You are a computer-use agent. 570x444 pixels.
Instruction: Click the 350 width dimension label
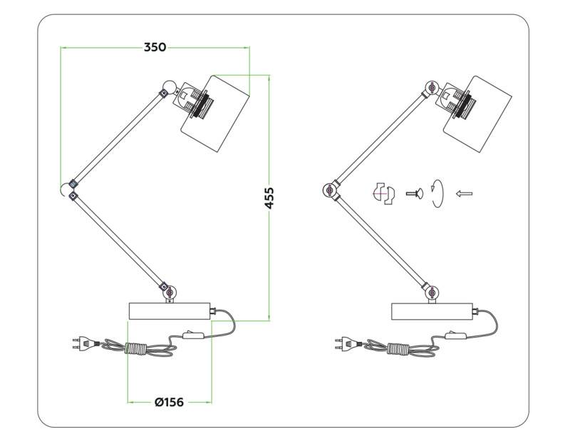click(x=155, y=47)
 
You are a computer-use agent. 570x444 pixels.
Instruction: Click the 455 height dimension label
click(x=269, y=198)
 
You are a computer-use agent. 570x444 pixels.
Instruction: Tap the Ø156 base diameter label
click(x=169, y=402)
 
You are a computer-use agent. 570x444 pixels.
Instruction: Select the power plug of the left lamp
click(x=85, y=343)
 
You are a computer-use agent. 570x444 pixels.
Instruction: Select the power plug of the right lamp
click(x=347, y=343)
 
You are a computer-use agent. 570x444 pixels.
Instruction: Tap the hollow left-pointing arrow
click(x=465, y=193)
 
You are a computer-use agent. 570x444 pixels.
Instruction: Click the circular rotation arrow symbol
click(x=437, y=193)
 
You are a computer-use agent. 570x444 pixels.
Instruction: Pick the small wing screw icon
click(x=415, y=193)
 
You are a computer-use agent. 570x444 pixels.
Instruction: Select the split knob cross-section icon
click(x=385, y=193)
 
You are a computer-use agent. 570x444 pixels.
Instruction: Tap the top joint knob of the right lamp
click(x=431, y=87)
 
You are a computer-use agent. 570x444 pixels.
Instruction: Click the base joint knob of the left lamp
click(x=169, y=291)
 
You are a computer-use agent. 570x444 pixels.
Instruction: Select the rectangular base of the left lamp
click(x=170, y=311)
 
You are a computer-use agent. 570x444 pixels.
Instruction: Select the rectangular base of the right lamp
click(x=432, y=311)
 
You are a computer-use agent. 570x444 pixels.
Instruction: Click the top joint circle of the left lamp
click(x=169, y=87)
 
